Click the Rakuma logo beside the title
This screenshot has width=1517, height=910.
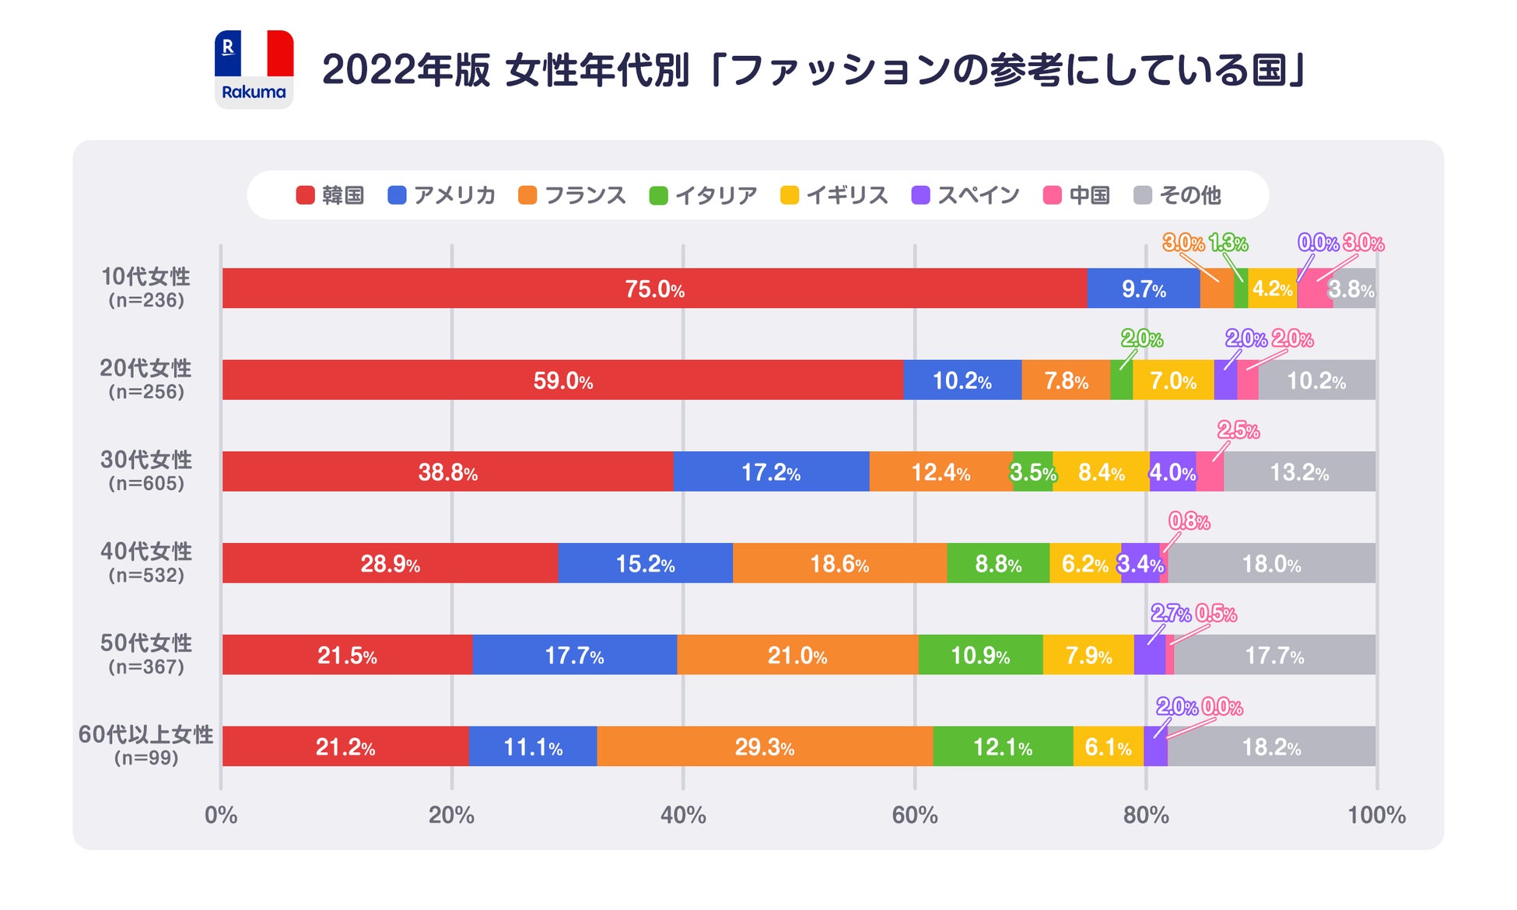coord(254,69)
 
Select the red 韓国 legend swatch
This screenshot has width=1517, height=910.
coord(306,195)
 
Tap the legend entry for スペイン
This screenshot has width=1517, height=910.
coord(965,195)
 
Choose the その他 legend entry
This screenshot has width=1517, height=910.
coord(1178,195)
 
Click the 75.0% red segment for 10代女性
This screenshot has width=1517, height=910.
coord(654,289)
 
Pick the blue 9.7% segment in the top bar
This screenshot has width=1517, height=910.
coord(1143,289)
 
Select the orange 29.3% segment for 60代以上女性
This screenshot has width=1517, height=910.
coord(764,747)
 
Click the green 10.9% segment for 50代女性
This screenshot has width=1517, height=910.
coord(979,655)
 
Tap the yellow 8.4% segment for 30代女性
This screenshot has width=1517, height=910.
coord(1101,472)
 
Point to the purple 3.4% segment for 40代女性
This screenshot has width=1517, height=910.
coord(1140,563)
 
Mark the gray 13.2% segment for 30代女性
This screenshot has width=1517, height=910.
coord(1298,472)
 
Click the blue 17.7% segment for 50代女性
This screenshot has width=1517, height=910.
coord(574,655)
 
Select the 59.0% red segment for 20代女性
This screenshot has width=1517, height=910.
coord(562,380)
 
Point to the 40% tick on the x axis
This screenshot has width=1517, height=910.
coord(683,814)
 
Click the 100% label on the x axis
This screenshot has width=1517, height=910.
coord(1376,814)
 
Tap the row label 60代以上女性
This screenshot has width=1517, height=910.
coord(145,734)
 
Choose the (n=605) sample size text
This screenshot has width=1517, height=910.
coord(146,483)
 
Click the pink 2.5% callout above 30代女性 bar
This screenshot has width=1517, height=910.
coord(1238,430)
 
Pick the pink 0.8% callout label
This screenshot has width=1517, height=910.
coord(1189,521)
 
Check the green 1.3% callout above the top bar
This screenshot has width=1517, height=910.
coord(1228,243)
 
